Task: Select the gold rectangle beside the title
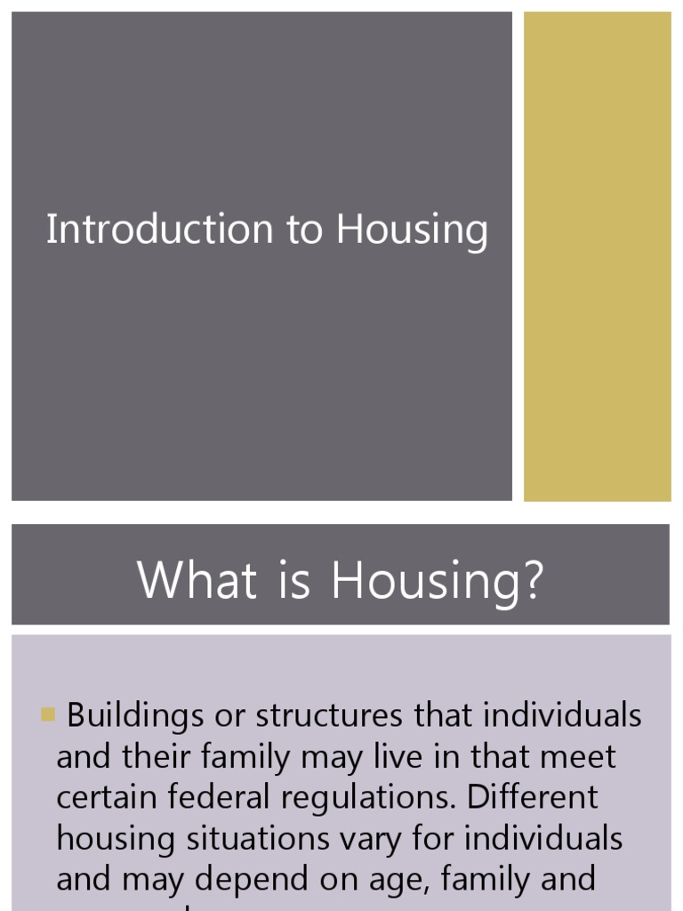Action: click(x=597, y=256)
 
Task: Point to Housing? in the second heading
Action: click(x=437, y=582)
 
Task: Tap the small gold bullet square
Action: click(x=48, y=713)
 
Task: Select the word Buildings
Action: click(x=133, y=716)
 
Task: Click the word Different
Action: click(x=533, y=797)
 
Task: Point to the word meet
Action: click(x=577, y=756)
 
